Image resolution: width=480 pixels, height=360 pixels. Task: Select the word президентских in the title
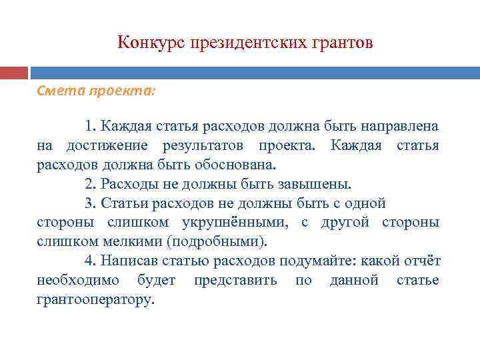coord(249,43)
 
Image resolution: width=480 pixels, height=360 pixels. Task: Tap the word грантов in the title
coord(343,43)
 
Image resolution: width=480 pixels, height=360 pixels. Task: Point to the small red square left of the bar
coord(14,73)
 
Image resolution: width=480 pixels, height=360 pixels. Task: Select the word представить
coord(235,280)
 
